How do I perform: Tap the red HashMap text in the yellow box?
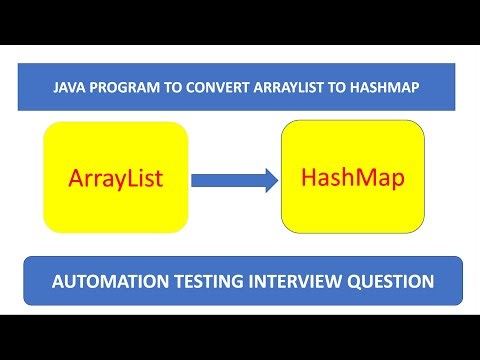point(353,178)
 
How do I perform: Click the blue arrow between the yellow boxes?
point(233,181)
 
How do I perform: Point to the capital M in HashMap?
point(367,178)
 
